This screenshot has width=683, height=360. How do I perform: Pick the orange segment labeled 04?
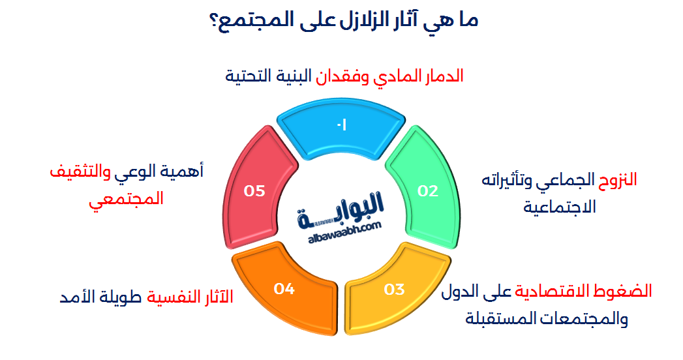[285, 288]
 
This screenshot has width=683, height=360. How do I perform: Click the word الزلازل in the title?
[354, 20]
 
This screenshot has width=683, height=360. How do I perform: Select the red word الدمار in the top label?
[441, 76]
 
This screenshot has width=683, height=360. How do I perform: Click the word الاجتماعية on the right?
[560, 207]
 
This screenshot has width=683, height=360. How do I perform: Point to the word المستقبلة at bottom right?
[493, 319]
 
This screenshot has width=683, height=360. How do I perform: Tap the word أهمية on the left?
[185, 172]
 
